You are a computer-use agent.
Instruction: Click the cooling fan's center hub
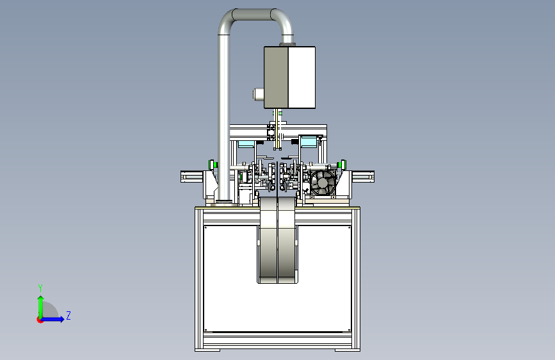(x=323, y=183)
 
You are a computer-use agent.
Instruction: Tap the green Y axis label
(x=40, y=288)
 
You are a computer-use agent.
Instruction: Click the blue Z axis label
(x=68, y=315)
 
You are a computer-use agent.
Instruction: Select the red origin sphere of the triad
(x=40, y=320)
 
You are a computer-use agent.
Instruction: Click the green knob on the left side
(x=211, y=165)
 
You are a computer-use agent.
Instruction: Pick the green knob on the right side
(x=342, y=165)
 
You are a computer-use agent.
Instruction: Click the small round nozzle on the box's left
(x=259, y=94)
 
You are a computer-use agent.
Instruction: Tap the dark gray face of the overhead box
(x=276, y=78)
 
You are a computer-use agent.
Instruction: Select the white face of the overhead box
(x=302, y=78)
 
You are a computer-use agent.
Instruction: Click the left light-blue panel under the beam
(x=246, y=144)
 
